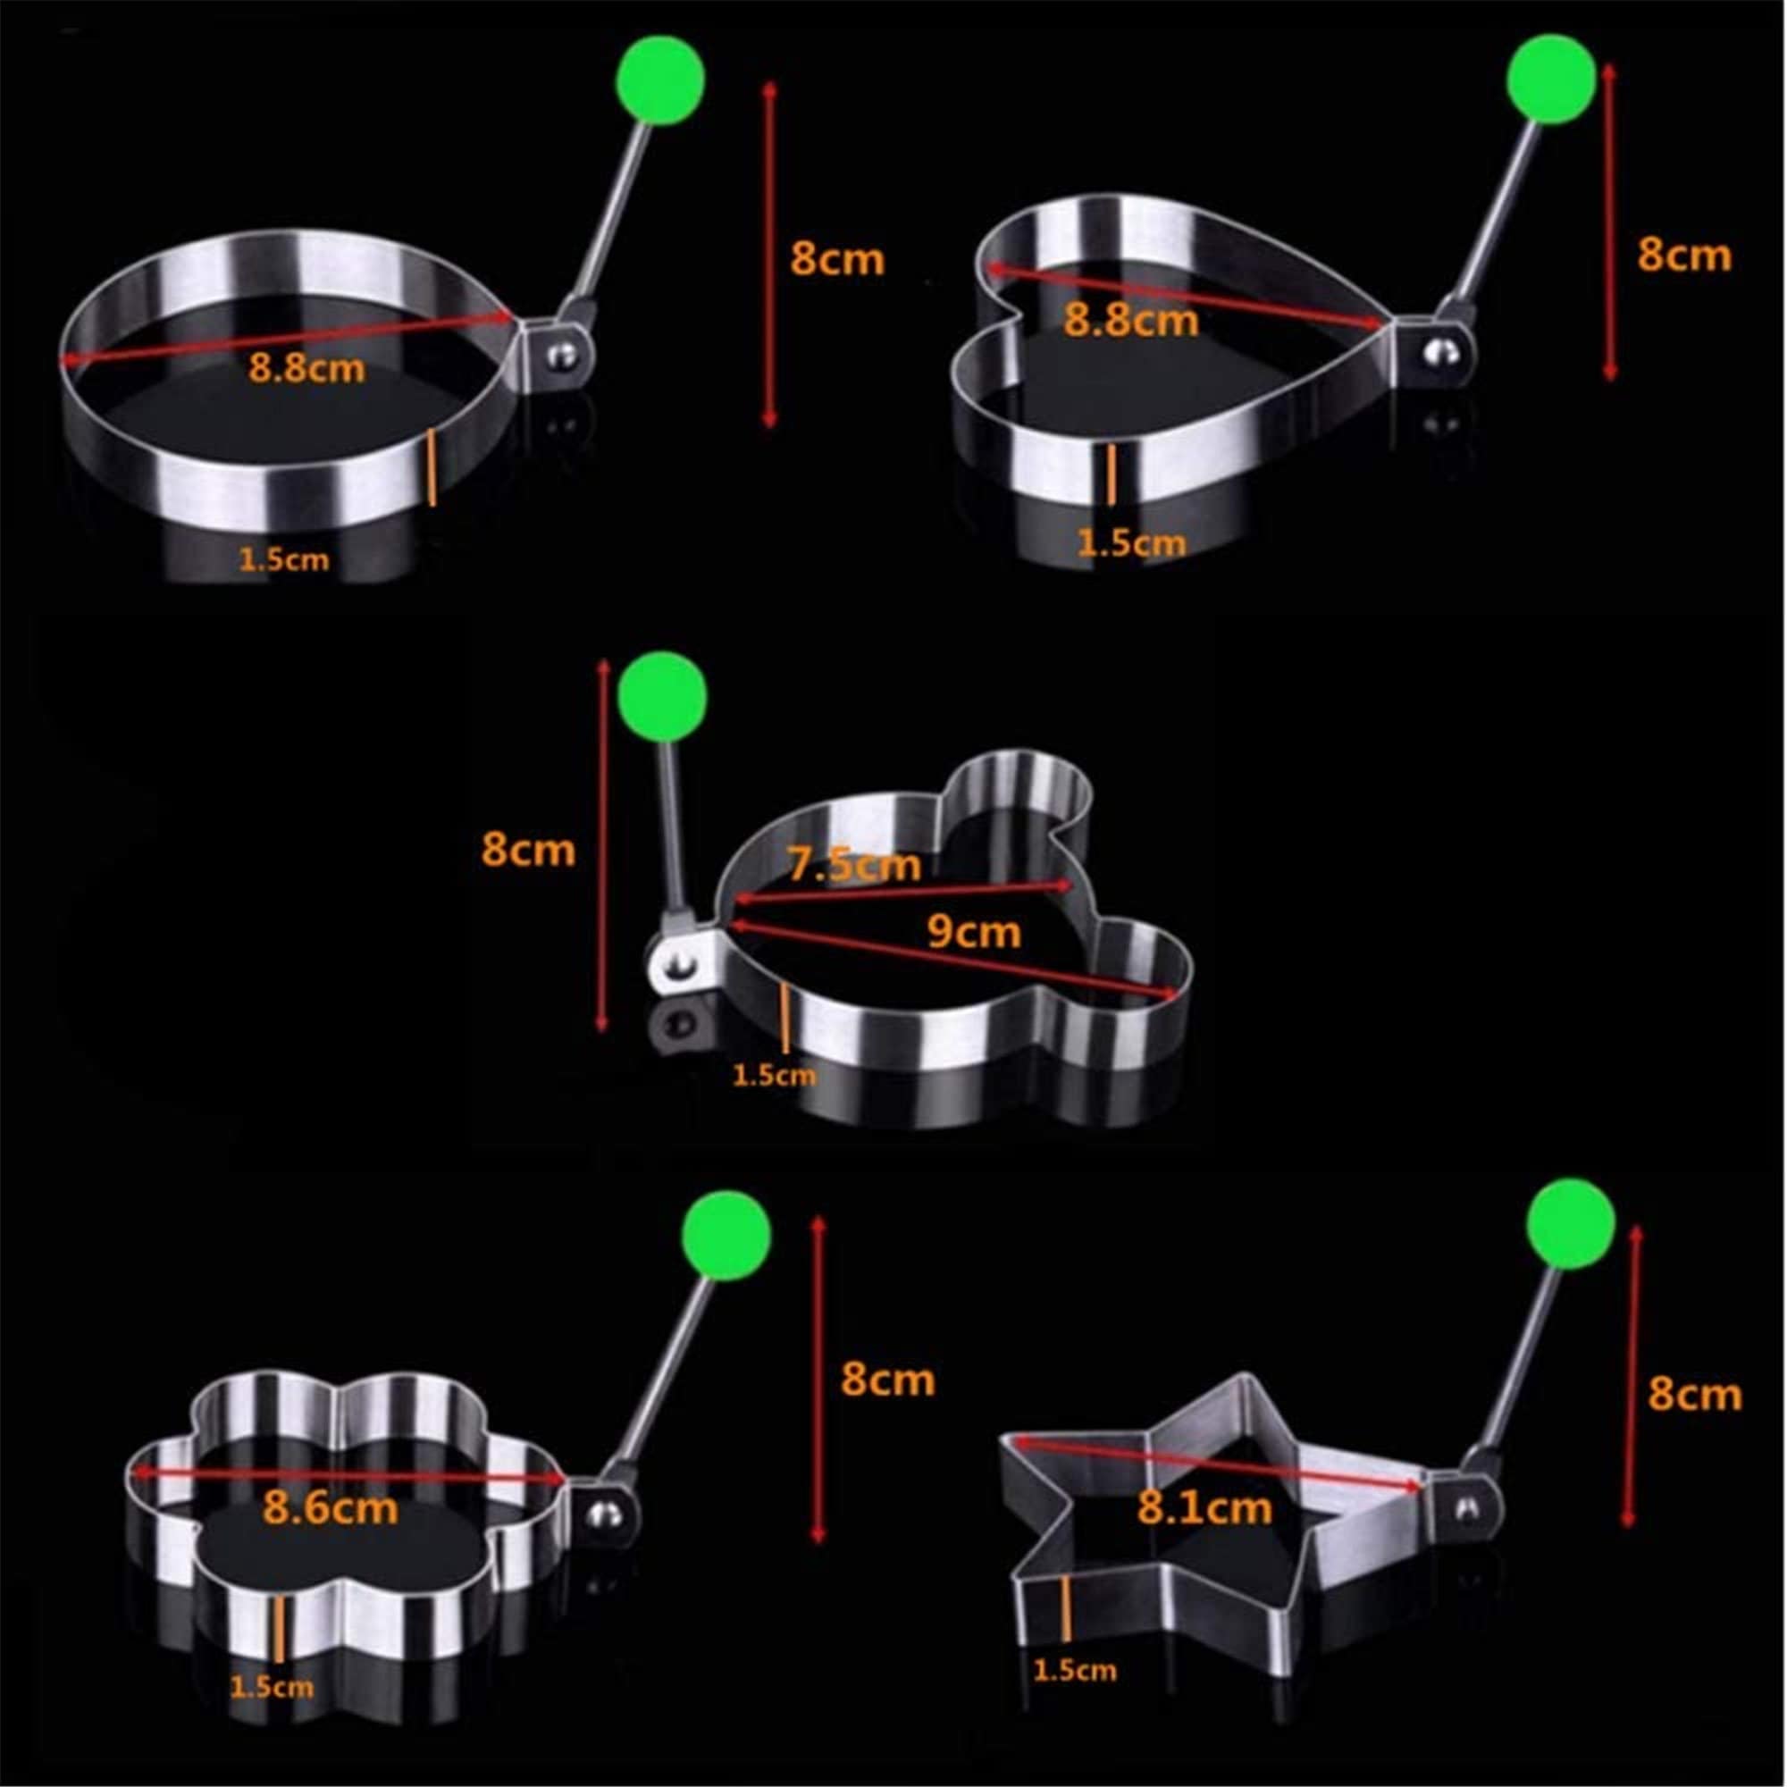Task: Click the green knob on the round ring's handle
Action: point(660,80)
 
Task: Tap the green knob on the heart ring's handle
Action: point(1551,79)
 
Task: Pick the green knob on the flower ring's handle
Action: point(727,1236)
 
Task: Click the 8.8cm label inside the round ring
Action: point(306,369)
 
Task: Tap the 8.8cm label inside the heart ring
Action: point(1130,320)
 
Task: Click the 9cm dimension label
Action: point(973,931)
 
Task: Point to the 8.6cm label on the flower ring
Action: point(331,1507)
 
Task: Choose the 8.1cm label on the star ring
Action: point(1204,1508)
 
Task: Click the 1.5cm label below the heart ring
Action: point(1130,543)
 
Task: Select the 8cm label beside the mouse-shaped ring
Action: point(528,849)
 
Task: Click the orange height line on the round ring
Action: point(432,467)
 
